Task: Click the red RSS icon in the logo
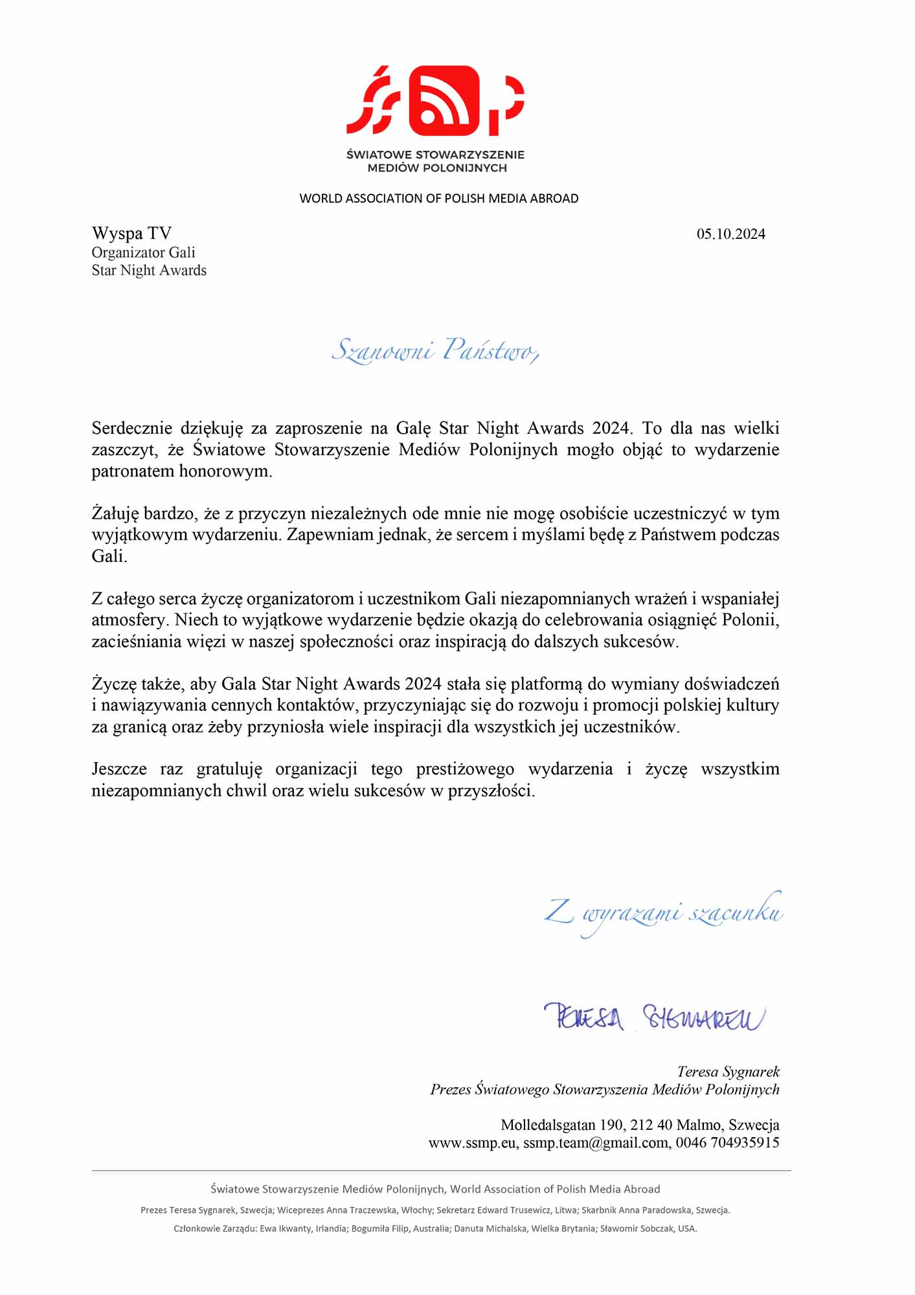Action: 444,100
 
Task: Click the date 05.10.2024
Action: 730,234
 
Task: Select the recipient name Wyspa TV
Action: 131,233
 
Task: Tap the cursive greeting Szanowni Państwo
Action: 434,350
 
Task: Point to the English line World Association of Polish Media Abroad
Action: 438,199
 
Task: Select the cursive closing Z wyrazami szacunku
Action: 663,912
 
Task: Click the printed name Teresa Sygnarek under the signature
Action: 728,1072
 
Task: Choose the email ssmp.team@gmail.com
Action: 596,1143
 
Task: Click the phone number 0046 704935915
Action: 727,1143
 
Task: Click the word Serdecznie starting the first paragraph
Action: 132,428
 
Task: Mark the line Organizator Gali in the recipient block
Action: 143,253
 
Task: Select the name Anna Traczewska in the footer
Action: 362,1210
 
